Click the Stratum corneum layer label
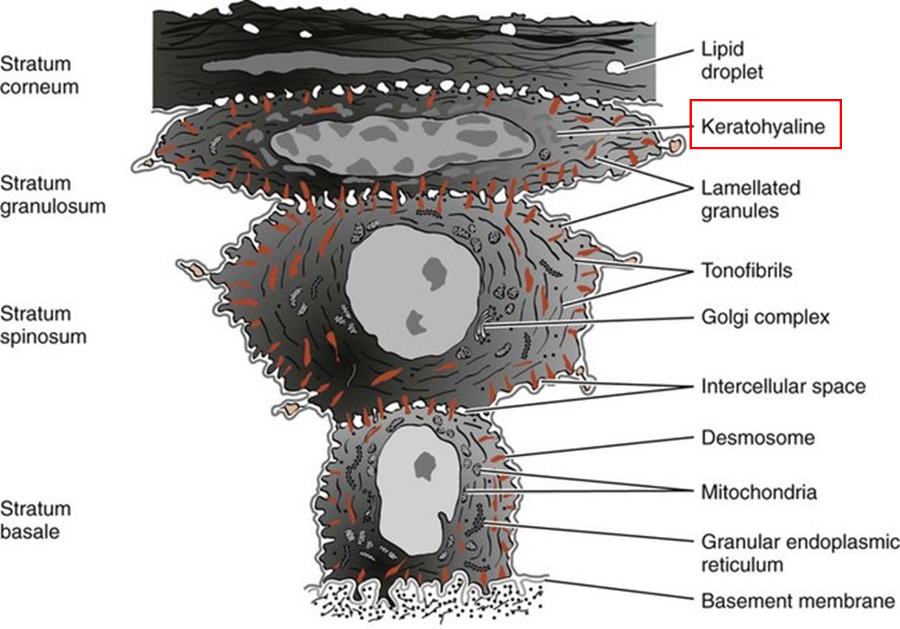(39, 75)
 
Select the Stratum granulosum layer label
(53, 195)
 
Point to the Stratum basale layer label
(35, 520)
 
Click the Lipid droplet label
(731, 60)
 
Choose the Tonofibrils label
(746, 271)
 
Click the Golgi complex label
(765, 316)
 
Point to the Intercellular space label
(783, 385)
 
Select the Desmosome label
(758, 437)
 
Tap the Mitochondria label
(758, 491)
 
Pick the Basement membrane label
(798, 600)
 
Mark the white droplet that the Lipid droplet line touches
(616, 67)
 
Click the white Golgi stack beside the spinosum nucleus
(485, 324)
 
